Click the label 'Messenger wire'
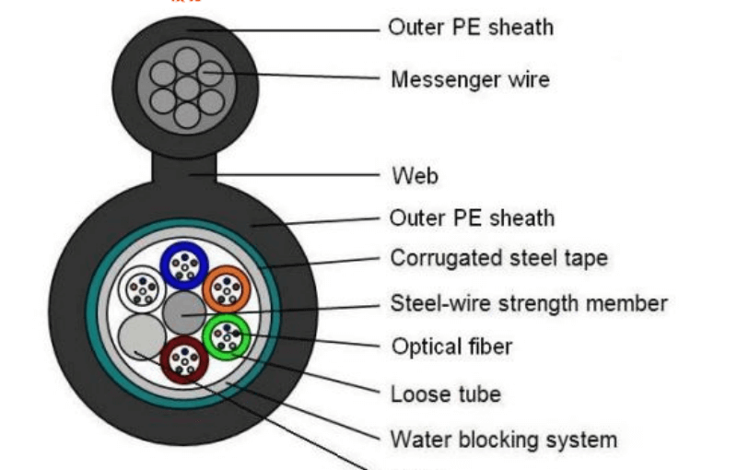(470, 79)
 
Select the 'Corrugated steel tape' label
(498, 258)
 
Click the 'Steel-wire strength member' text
(529, 303)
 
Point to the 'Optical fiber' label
(451, 347)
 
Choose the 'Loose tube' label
(446, 394)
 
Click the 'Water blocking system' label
(503, 439)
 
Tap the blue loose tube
(185, 266)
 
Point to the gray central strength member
(184, 313)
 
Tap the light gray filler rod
(143, 338)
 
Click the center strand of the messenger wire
(187, 88)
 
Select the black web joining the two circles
(183, 168)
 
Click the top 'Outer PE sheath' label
(471, 27)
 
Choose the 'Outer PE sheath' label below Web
(471, 218)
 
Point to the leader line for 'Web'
(295, 173)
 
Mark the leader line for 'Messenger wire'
(295, 76)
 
